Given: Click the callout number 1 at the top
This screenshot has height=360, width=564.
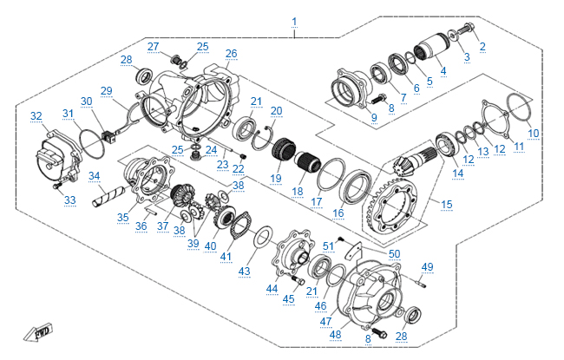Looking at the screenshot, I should click(294, 21).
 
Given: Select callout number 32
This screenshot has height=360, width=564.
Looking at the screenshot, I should click(36, 116).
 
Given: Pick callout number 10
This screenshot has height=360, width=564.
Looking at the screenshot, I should click(534, 133).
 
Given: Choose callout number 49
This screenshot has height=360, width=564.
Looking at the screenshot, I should click(427, 266).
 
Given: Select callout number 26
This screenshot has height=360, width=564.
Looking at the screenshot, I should click(231, 54).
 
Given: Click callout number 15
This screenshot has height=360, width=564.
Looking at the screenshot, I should click(447, 205).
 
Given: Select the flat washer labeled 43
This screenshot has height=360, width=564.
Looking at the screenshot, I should click(261, 235).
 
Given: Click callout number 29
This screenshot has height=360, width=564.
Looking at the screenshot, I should click(107, 91).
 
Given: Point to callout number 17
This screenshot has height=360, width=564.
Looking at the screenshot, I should click(317, 201).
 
